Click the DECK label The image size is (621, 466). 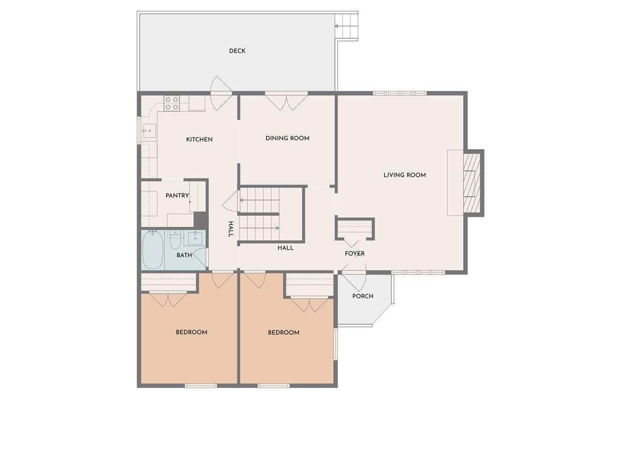[237, 51]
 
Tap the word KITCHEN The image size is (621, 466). [199, 139]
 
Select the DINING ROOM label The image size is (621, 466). [287, 138]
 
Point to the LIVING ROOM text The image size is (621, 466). [404, 175]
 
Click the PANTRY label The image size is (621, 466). [176, 196]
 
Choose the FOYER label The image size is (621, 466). [354, 254]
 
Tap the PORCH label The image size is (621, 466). [363, 296]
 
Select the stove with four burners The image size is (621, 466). [172, 104]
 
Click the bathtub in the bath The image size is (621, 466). [153, 250]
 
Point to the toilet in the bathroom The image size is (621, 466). [175, 241]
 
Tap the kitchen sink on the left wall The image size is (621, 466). [149, 131]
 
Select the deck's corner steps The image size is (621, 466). [346, 25]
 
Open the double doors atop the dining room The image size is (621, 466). [286, 101]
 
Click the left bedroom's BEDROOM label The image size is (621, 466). [191, 332]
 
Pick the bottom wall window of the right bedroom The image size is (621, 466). [273, 385]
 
